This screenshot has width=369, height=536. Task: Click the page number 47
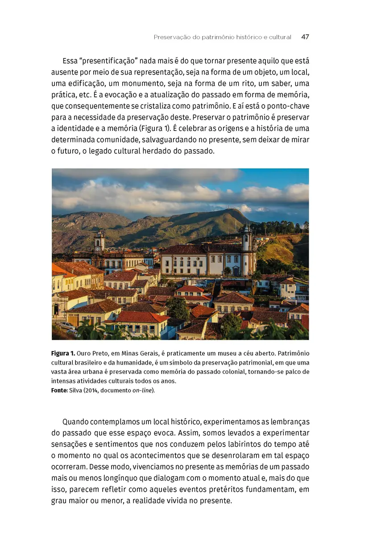click(x=305, y=37)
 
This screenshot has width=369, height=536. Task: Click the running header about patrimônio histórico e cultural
click(x=222, y=37)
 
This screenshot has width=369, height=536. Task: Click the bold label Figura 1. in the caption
click(x=63, y=354)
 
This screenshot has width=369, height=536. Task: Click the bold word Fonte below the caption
click(x=59, y=390)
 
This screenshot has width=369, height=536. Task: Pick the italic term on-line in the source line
click(x=144, y=390)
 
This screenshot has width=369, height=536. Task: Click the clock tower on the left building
click(x=99, y=242)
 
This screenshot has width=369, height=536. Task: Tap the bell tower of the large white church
click(x=246, y=239)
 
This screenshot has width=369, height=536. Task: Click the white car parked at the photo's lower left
click(x=67, y=326)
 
